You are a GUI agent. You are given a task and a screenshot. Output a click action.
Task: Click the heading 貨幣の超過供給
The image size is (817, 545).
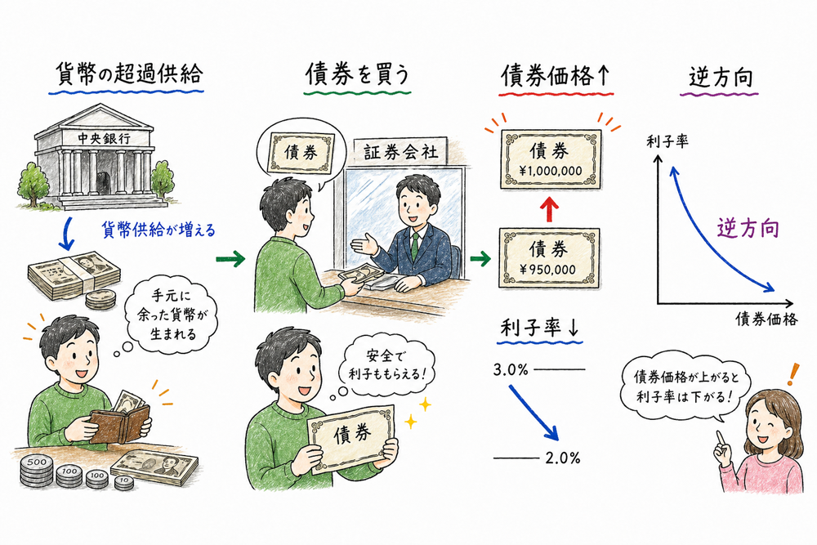(x=126, y=76)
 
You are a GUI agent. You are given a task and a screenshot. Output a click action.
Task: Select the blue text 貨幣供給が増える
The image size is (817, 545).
(x=158, y=230)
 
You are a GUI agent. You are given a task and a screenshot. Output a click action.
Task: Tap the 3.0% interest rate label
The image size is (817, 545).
(x=511, y=370)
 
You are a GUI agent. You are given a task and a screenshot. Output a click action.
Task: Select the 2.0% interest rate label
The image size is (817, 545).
(x=562, y=458)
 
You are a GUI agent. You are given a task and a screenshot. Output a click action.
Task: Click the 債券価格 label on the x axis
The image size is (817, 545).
(x=766, y=319)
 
